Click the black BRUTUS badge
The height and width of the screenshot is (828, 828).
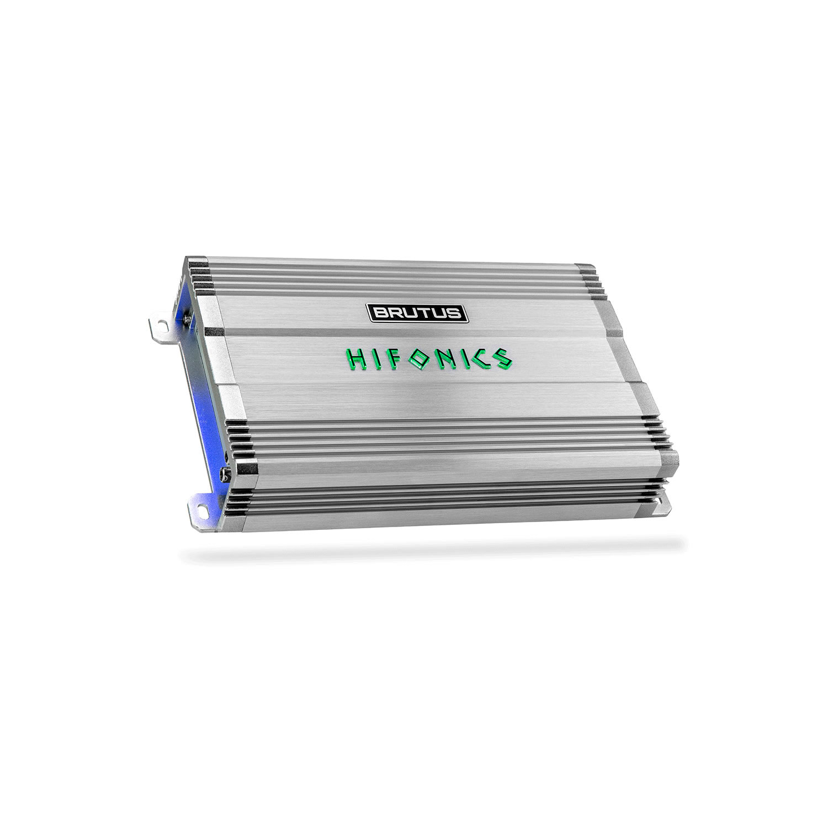tap(418, 313)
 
